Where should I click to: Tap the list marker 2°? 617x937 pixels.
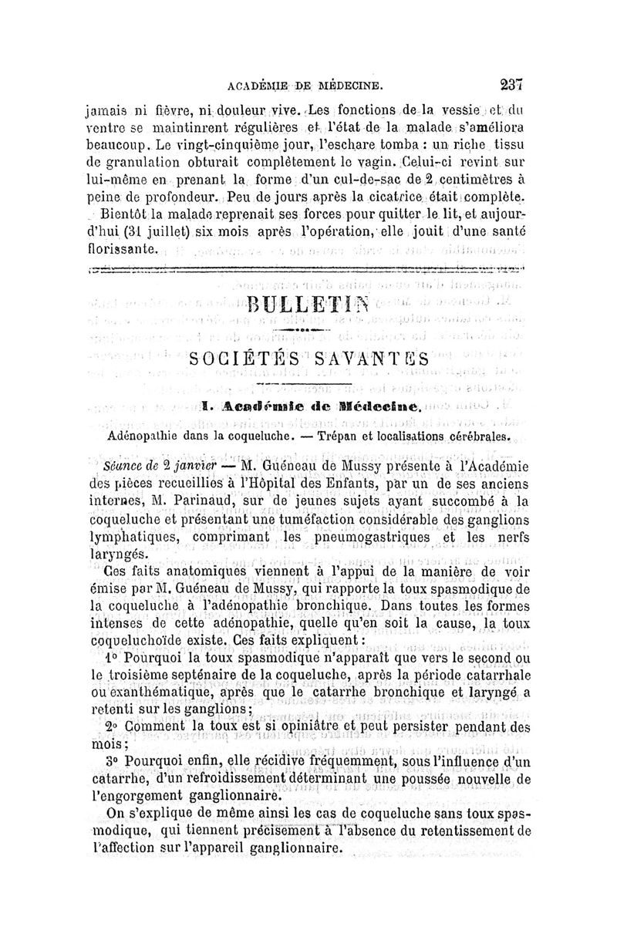[113, 726]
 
